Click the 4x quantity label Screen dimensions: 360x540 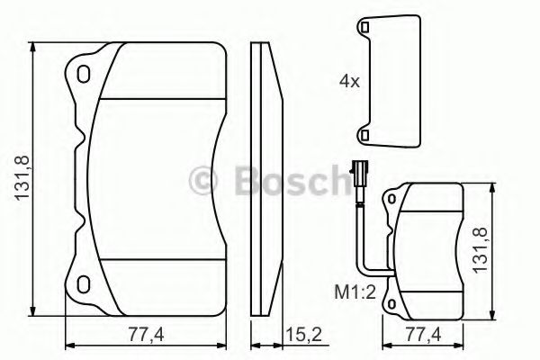(x=349, y=80)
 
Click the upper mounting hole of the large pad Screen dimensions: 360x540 (x=85, y=73)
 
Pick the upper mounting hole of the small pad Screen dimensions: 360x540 (x=393, y=199)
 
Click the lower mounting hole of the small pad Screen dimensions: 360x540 (x=393, y=303)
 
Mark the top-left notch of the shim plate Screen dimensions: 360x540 (x=367, y=28)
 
